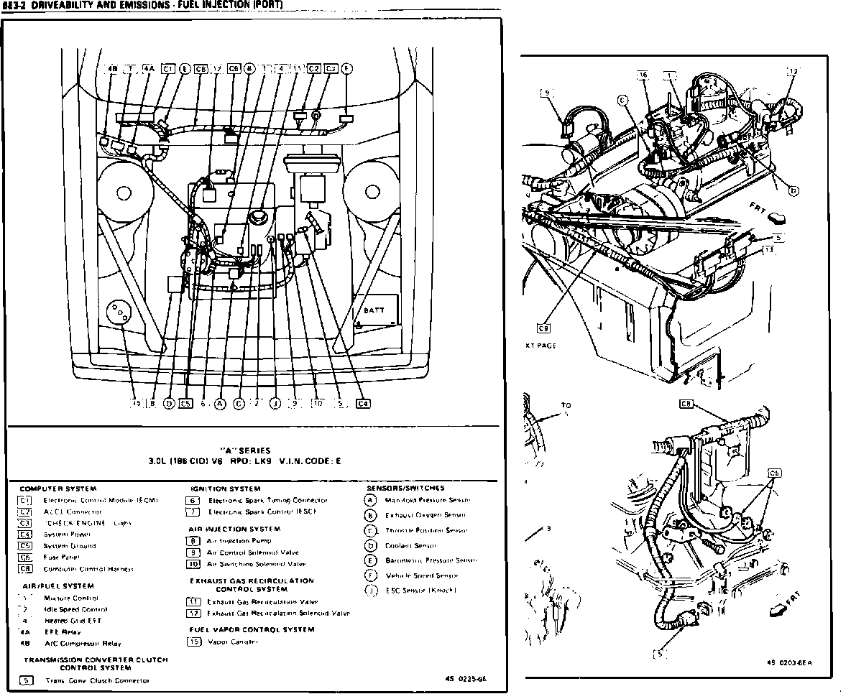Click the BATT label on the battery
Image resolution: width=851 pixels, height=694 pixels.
374,311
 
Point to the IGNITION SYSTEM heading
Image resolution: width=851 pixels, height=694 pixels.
226,489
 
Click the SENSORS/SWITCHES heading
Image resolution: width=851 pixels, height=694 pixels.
405,488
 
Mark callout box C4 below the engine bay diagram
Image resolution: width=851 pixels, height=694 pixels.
363,404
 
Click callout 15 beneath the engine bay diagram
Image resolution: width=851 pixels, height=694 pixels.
135,404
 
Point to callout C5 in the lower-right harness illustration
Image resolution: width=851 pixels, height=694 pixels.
773,473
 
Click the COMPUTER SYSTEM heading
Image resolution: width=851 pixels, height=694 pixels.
58,489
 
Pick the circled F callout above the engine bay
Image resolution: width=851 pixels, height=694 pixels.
346,69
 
